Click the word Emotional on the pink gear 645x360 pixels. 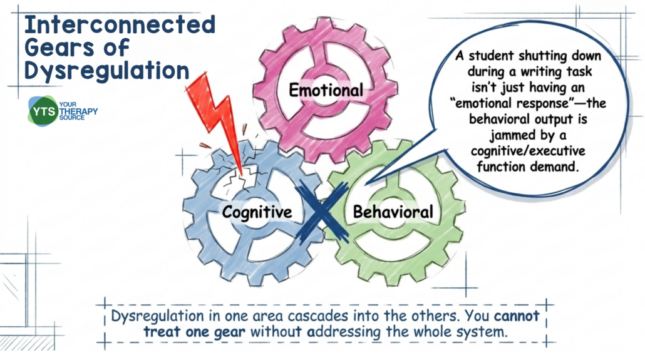(325, 90)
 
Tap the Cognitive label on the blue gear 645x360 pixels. (257, 212)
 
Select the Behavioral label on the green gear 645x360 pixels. (393, 212)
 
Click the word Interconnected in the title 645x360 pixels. (119, 26)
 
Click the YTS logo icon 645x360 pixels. (42, 111)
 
